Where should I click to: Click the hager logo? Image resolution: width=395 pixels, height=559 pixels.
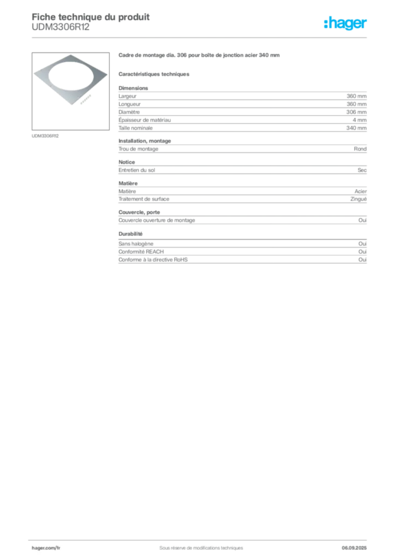click(x=345, y=23)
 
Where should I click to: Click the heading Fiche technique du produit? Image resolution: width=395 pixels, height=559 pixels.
click(x=91, y=17)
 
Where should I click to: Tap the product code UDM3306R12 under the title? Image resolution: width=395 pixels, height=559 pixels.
click(x=61, y=27)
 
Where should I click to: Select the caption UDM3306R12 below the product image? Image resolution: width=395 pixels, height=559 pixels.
click(x=45, y=136)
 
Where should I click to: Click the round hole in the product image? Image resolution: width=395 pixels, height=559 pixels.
click(x=71, y=76)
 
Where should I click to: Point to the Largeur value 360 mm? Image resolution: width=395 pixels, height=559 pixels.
click(x=356, y=96)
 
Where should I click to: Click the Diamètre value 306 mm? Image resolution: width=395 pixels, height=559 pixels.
click(x=356, y=112)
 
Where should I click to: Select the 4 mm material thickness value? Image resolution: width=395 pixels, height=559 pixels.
click(x=360, y=120)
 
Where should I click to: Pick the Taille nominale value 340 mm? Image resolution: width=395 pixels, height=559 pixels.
click(x=356, y=128)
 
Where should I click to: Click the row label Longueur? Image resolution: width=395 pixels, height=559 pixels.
click(x=129, y=104)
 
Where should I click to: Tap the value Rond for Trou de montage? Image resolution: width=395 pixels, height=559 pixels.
click(x=360, y=148)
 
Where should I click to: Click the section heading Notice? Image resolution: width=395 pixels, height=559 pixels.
click(x=127, y=162)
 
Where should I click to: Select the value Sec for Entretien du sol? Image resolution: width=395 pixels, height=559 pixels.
click(x=362, y=170)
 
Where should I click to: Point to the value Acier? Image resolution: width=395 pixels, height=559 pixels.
click(x=361, y=192)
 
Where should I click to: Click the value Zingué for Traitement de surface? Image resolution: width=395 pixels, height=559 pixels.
click(x=358, y=199)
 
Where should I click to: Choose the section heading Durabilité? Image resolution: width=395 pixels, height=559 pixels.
click(x=130, y=234)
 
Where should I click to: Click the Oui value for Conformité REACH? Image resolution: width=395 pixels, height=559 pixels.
click(x=363, y=252)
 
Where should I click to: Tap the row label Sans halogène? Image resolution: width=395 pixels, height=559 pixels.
click(x=136, y=244)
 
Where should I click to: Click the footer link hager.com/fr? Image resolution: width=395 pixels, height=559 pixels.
click(x=46, y=548)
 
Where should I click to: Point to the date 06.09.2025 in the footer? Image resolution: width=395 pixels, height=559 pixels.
click(x=354, y=548)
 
